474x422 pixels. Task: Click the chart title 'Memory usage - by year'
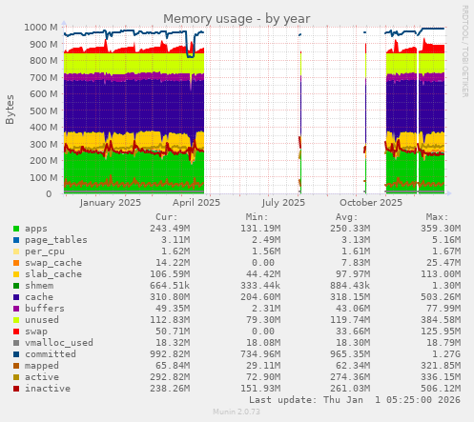click(237, 18)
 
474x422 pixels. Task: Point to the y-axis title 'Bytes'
click(10, 110)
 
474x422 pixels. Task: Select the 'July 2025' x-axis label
click(283, 202)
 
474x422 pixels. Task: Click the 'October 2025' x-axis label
click(370, 202)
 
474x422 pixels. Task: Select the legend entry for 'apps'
click(35, 229)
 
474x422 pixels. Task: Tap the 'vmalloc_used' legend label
click(58, 343)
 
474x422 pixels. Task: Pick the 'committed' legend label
click(49, 354)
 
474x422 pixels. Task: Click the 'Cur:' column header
click(166, 216)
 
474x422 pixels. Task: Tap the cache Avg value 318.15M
click(352, 297)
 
